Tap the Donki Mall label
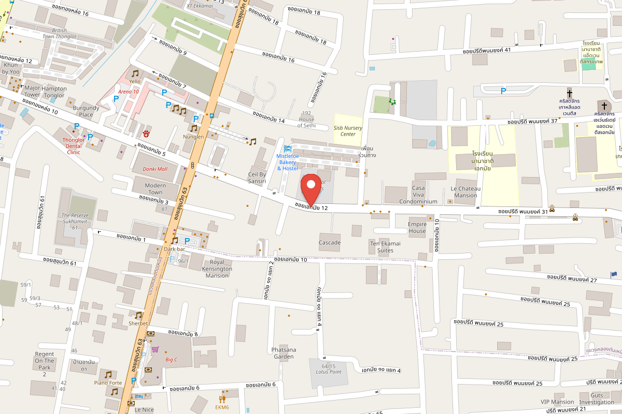(155, 170)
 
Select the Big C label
(172, 360)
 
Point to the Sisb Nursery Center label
(348, 131)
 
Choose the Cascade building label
(330, 243)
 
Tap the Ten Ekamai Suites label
(385, 247)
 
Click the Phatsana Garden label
(284, 353)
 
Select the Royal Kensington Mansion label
(217, 269)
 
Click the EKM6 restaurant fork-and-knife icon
(222, 398)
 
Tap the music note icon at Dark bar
(175, 241)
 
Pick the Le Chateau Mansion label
(465, 192)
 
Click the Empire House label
(417, 228)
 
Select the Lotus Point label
(329, 369)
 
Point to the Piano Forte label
(108, 383)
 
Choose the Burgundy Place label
(86, 111)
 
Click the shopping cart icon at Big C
(154, 349)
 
